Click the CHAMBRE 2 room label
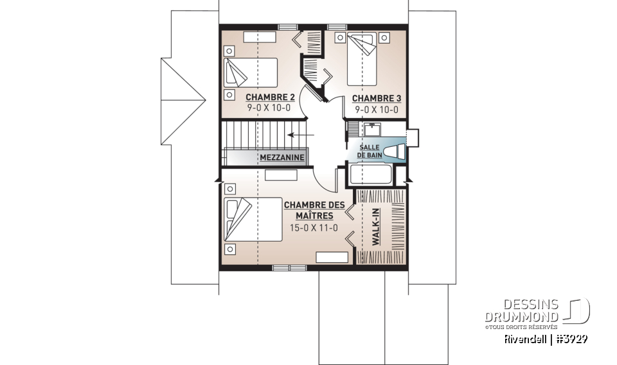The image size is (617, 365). (270, 98)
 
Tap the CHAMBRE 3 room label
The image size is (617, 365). (377, 98)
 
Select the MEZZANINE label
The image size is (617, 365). (282, 157)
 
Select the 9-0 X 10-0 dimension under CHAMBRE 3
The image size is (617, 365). (377, 110)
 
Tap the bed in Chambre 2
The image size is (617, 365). (250, 72)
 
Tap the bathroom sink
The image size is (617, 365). (371, 131)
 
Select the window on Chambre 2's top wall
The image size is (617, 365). (287, 26)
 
